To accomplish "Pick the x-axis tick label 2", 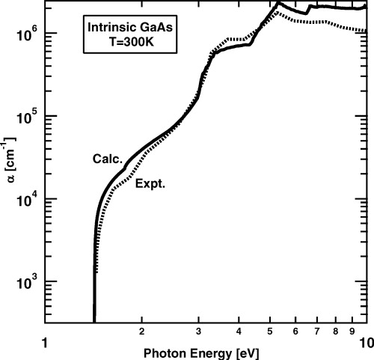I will [x=141, y=329].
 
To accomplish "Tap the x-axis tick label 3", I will [x=197, y=329].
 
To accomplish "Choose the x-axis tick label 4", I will [x=238, y=329].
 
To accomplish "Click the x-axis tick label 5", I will [x=269, y=329].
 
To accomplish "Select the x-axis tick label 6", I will [x=295, y=329].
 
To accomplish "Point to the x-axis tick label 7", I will [x=316, y=329].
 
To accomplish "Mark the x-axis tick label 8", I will [x=335, y=329].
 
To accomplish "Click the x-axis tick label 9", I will [x=352, y=329].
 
